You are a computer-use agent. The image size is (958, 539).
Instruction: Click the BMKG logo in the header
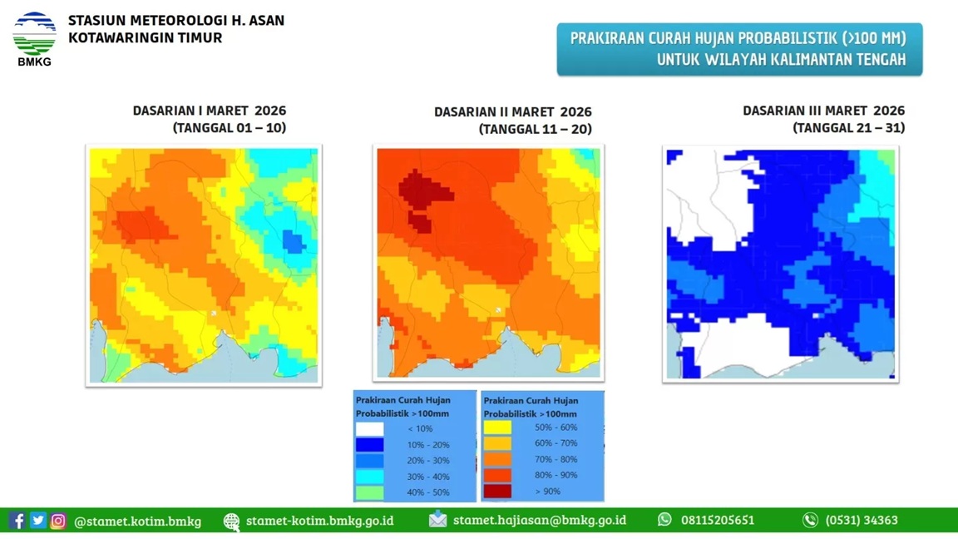(34, 38)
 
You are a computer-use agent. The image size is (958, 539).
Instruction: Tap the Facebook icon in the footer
(17, 521)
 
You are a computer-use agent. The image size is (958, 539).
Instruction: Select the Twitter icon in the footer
(38, 521)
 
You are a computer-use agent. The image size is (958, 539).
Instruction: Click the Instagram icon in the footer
(58, 521)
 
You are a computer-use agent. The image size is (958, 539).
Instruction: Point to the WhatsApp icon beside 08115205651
(664, 520)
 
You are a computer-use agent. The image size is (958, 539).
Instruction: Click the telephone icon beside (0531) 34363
(810, 520)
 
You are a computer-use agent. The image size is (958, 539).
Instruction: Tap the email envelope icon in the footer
(437, 520)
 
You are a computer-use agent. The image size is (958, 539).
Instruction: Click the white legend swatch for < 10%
(370, 429)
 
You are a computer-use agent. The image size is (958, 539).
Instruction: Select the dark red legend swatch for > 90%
(497, 492)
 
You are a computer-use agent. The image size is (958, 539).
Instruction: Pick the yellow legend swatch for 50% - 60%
(497, 428)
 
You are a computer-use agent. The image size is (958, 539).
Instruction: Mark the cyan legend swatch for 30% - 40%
(370, 477)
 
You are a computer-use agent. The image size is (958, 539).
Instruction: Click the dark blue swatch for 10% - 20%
(370, 445)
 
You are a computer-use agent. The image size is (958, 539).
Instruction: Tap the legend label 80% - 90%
(556, 475)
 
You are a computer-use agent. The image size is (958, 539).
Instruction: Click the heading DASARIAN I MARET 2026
(210, 111)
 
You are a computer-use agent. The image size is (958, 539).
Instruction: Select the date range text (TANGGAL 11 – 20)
(535, 129)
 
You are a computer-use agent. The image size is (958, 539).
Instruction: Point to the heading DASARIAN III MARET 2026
(823, 111)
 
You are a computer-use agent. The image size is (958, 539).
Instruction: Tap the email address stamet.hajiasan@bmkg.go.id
(539, 521)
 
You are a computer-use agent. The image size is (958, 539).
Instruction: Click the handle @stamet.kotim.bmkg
(137, 522)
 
